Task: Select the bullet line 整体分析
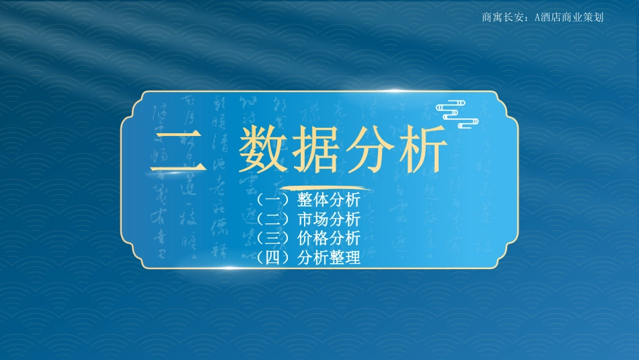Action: pos(328,201)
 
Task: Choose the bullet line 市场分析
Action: pos(328,219)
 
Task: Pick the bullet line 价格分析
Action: pos(328,238)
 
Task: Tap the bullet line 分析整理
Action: pos(328,257)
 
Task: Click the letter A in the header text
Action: pos(537,17)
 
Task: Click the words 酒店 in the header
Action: pos(551,17)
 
